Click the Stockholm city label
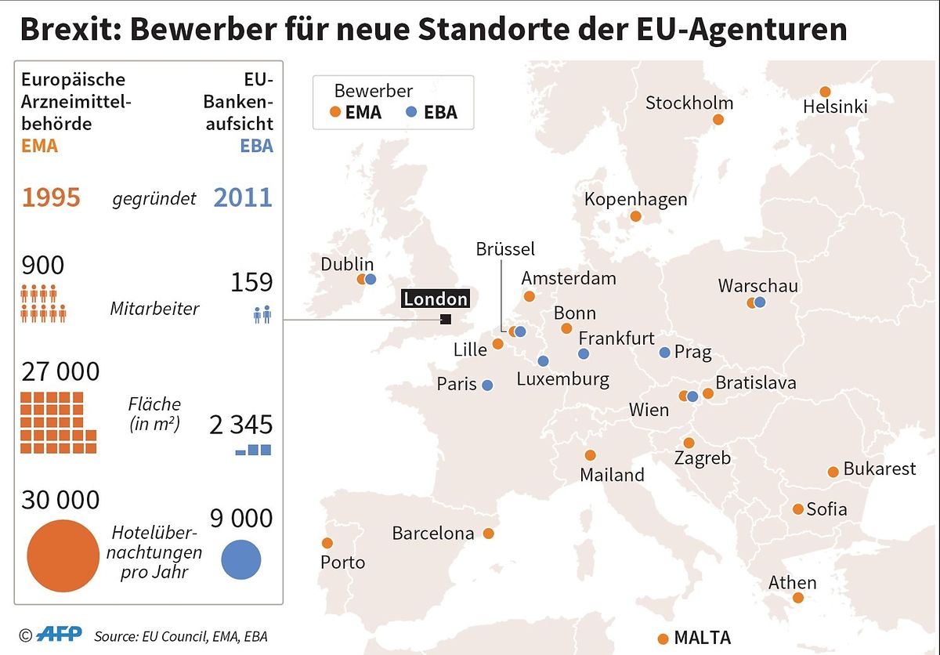click(689, 103)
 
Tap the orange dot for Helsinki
click(825, 92)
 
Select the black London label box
click(436, 299)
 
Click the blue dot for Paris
click(487, 385)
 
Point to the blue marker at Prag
click(665, 353)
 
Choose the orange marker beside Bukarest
click(833, 472)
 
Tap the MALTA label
click(702, 637)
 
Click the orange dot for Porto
click(327, 543)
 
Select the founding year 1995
click(51, 197)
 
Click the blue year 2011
click(243, 197)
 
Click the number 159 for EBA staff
click(252, 282)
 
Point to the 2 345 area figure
click(240, 425)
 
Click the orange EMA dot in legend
click(335, 112)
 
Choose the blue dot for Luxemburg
click(543, 361)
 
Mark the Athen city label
click(792, 583)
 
